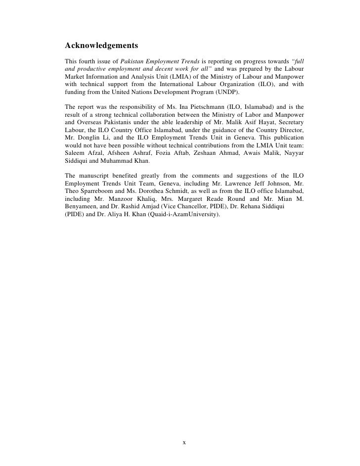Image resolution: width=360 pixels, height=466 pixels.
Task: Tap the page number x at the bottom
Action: [184, 442]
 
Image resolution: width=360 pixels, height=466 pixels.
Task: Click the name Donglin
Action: [89, 138]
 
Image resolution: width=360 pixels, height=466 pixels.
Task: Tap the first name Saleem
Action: [75, 154]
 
